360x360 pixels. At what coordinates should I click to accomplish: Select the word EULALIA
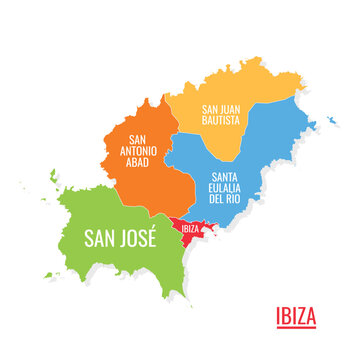(226, 186)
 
